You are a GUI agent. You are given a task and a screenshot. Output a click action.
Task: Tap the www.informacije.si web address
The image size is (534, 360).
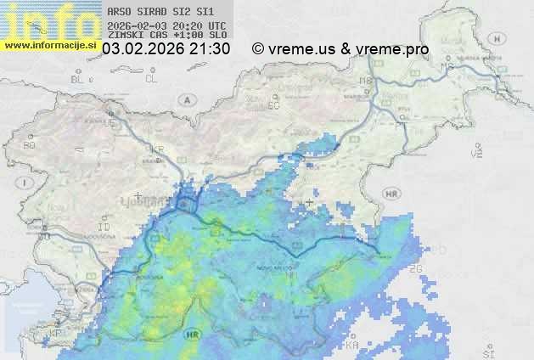pyautogui.click(x=50, y=45)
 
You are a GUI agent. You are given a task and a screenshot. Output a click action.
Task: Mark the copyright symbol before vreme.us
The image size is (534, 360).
pyautogui.click(x=258, y=49)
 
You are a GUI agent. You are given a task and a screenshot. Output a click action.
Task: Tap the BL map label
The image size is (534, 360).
pyautogui.click(x=78, y=79)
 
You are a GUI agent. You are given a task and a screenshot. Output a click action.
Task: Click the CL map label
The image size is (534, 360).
pyautogui.click(x=151, y=79)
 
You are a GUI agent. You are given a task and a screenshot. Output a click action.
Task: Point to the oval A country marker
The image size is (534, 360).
pyautogui.click(x=186, y=99)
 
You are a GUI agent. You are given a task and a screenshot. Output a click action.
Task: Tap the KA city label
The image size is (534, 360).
pyautogui.click(x=352, y=345)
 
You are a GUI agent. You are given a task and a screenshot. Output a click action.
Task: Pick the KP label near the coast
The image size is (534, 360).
pyautogui.click(x=56, y=334)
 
